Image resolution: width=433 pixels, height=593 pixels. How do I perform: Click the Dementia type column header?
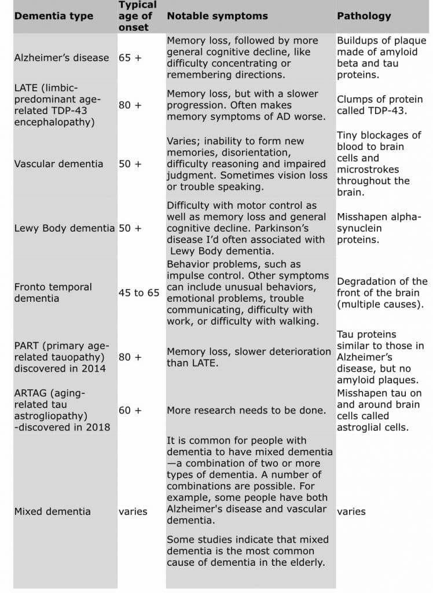pos(53,16)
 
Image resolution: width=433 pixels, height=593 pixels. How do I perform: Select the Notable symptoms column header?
pos(217,16)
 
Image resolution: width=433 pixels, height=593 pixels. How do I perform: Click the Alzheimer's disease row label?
pos(61,58)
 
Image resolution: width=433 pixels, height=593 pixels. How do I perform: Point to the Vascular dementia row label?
pos(58,164)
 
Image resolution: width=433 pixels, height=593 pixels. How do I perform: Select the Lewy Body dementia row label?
pos(64,228)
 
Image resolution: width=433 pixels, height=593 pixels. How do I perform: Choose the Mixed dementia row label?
pos(52,511)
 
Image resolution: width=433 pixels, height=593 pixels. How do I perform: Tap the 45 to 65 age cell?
pos(139,293)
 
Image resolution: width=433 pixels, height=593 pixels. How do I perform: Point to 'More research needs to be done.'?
pos(247,410)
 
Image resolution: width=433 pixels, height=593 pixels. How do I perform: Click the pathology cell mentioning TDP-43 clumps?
pos(380,105)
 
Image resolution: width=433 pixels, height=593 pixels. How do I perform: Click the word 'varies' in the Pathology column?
pos(351,511)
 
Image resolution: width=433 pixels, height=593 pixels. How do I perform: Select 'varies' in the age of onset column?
pos(133,511)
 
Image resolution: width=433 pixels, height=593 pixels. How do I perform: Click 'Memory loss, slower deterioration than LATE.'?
pos(249,357)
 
